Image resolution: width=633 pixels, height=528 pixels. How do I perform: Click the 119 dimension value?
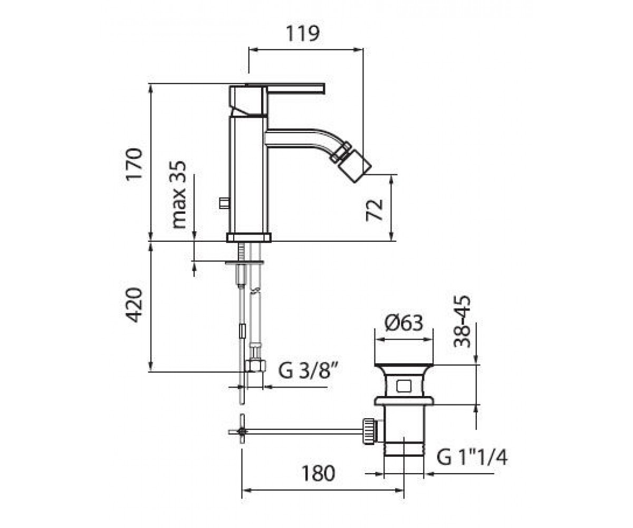pos(303,33)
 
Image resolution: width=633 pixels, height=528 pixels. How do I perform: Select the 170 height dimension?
pos(134,164)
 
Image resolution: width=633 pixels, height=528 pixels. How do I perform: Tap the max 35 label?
pos(179,194)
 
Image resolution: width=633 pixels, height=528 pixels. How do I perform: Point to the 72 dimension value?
pos(375,210)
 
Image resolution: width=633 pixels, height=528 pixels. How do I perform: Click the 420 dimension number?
pos(134,305)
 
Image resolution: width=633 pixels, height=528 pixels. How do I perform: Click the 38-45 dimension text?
pos(462,322)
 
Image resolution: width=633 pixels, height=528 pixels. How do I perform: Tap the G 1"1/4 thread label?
pos(472,457)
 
